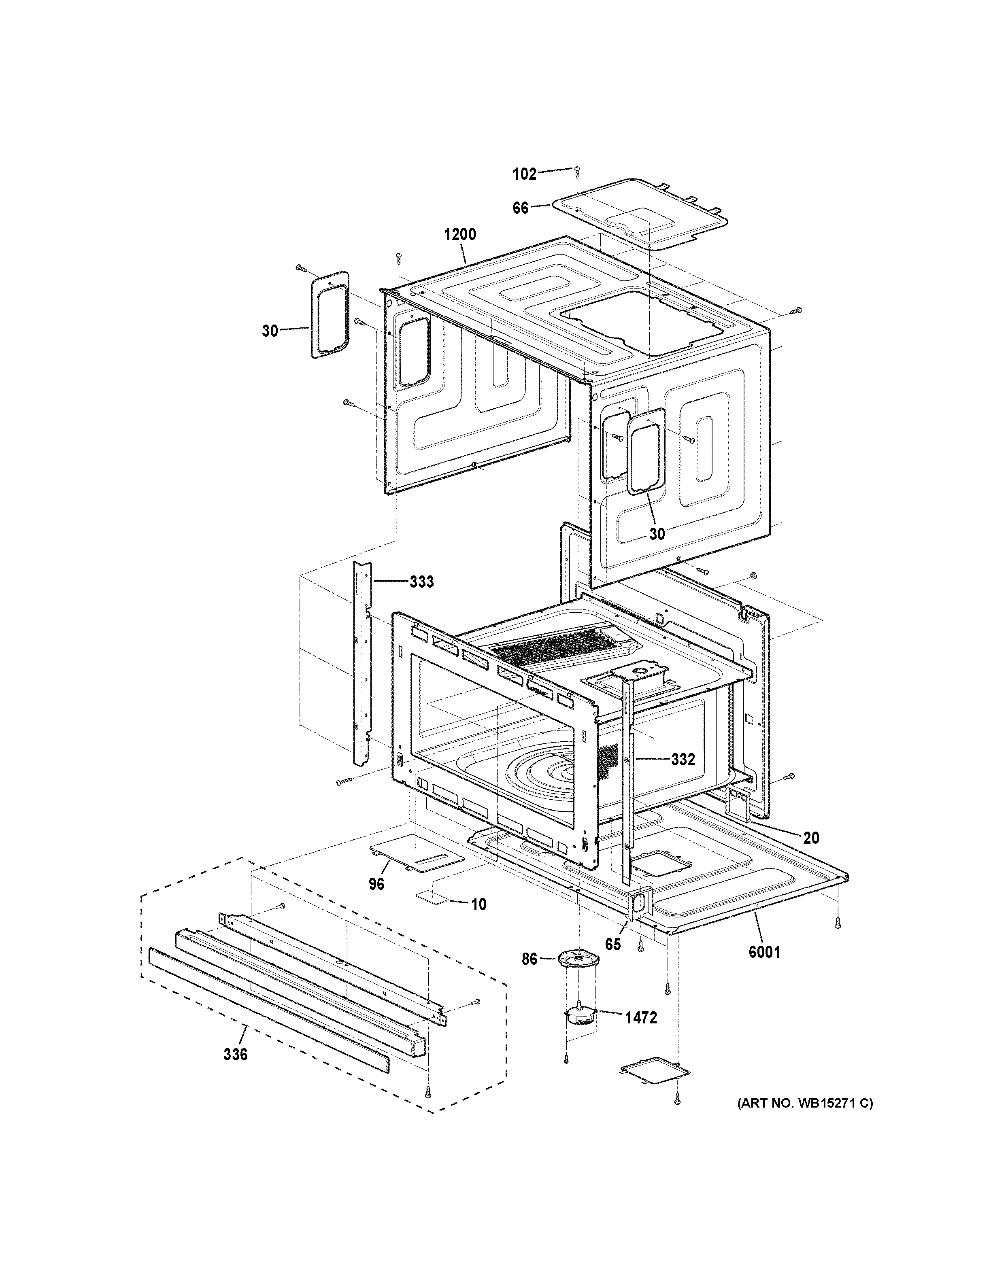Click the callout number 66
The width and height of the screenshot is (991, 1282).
(x=520, y=208)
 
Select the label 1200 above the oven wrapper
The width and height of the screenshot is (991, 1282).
(x=460, y=235)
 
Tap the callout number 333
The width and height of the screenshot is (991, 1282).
(x=421, y=582)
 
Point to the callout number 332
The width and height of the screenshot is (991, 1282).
(x=683, y=759)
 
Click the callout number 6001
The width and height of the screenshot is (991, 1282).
(x=764, y=951)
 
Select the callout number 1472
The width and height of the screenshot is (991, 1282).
(x=640, y=1017)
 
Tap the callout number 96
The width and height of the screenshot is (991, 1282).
(x=376, y=900)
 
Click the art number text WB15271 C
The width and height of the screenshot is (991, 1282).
(x=805, y=1104)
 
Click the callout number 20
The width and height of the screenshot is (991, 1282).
(x=811, y=838)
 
